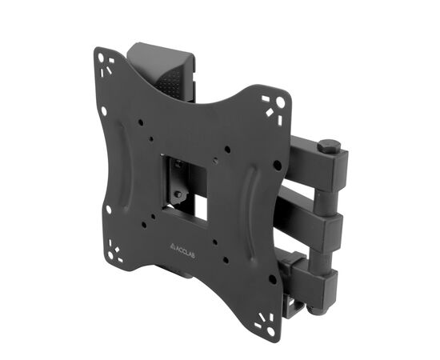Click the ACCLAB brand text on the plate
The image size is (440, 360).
pyautogui.click(x=186, y=251)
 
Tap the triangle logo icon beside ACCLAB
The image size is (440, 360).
pyautogui.click(x=173, y=246)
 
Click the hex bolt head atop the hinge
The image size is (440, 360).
pyautogui.click(x=329, y=146)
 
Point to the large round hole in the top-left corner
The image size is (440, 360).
pyautogui.click(x=101, y=58)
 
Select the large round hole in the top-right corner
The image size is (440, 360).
pyautogui.click(x=280, y=102)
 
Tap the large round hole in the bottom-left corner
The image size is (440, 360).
pyautogui.click(x=110, y=254)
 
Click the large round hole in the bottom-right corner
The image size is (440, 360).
pyautogui.click(x=270, y=331)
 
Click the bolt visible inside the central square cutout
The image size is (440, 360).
pyautogui.click(x=178, y=194)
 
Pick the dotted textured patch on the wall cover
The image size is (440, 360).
pyautogui.click(x=169, y=79)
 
